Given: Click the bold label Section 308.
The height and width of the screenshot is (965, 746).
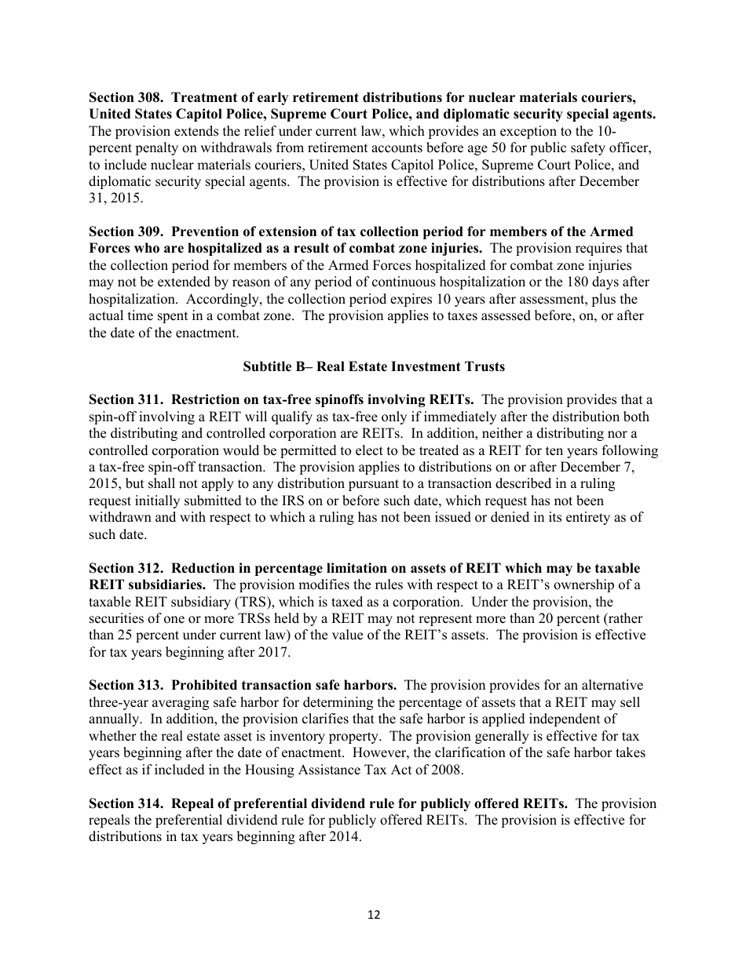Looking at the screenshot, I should point(126,98).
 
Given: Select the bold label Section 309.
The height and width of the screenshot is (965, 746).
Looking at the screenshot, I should point(126,232).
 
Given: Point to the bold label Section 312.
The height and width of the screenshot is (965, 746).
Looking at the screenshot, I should point(126,568).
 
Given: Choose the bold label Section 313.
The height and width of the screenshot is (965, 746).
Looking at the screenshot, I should point(126,686).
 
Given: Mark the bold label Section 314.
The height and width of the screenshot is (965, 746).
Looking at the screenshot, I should point(126,803).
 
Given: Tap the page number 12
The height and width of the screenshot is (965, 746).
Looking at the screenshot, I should point(374,914).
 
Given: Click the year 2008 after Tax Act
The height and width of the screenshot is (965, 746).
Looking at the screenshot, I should point(450,770).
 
